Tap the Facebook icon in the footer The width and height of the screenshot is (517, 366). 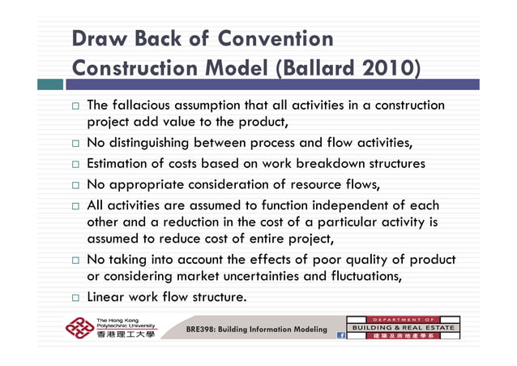tap(341, 334)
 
